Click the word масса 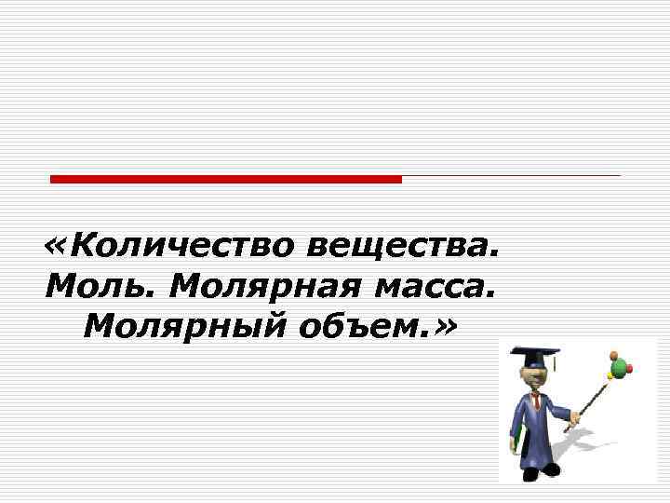coord(430,286)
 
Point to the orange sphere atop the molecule coord(612,354)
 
